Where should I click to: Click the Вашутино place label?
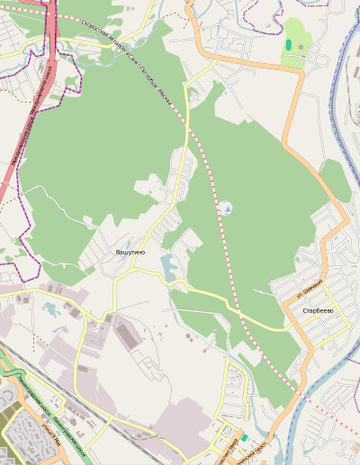pyautogui.click(x=130, y=253)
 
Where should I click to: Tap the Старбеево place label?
pyautogui.click(x=318, y=310)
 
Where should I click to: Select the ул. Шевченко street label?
pyautogui.click(x=310, y=287)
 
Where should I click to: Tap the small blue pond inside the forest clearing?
pyautogui.click(x=227, y=210)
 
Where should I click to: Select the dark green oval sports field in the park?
pyautogui.click(x=288, y=45)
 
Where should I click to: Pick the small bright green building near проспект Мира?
pyautogui.click(x=243, y=437)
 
